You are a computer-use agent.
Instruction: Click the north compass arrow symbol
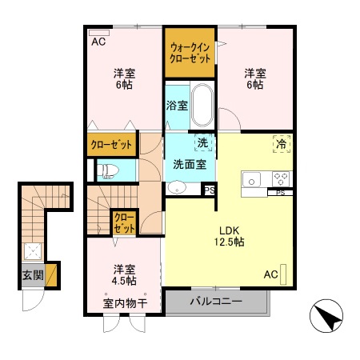(x=328, y=319)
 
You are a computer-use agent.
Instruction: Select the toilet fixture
(x=106, y=170)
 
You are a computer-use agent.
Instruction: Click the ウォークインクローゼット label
(x=190, y=54)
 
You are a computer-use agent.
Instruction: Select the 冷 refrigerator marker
(x=282, y=144)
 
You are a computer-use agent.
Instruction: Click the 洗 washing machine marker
(x=202, y=144)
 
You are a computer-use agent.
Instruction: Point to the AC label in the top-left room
(x=98, y=41)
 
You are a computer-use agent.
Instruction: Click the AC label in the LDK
(x=270, y=275)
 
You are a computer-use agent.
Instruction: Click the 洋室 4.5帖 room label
(x=123, y=274)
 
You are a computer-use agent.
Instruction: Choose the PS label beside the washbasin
(x=209, y=190)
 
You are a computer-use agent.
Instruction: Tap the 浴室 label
(x=177, y=105)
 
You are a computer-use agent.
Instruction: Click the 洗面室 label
(x=190, y=164)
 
